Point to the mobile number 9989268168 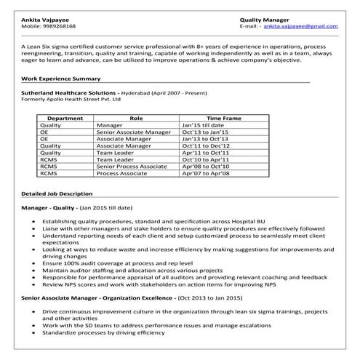[x=58, y=25]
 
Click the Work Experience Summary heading [x=61, y=78]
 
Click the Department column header [x=64, y=117]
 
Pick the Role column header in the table [x=136, y=117]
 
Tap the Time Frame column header [x=223, y=117]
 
